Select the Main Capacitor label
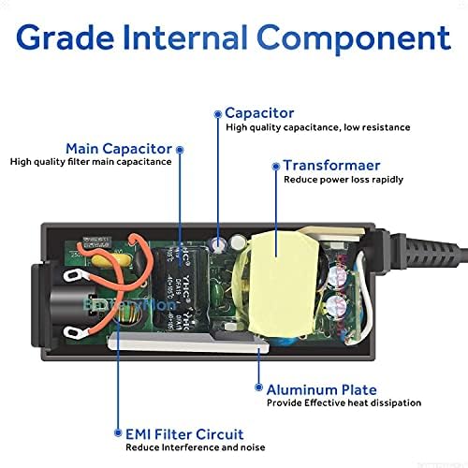[x=118, y=148]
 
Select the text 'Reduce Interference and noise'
[x=199, y=448]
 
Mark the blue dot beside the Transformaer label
[x=274, y=167]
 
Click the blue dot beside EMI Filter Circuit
[x=116, y=433]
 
